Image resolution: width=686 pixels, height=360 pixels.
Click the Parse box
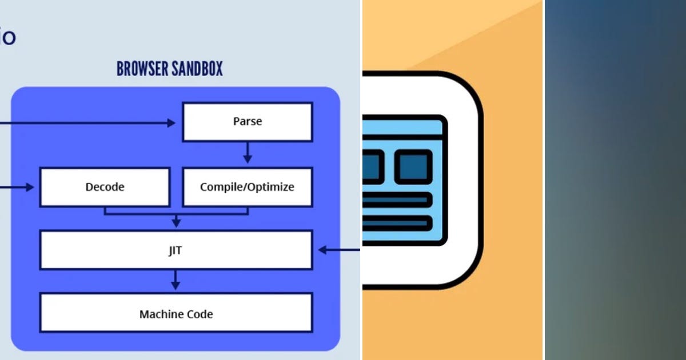coord(247,122)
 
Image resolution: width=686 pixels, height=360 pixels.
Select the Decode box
coord(105,187)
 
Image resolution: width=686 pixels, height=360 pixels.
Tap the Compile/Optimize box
coord(247,187)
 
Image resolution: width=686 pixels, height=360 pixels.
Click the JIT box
coord(176,250)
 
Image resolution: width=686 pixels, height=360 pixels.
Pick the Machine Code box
coord(176,314)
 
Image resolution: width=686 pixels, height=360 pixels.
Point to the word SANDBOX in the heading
coord(197,69)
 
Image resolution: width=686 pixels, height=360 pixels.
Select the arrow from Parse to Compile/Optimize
coord(247,153)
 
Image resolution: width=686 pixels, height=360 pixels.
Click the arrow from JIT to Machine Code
coord(176,279)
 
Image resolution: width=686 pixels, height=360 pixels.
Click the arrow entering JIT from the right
coord(337,250)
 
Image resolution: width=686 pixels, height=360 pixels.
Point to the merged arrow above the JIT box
coord(176,220)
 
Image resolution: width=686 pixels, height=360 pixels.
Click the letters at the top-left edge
coord(8,38)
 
